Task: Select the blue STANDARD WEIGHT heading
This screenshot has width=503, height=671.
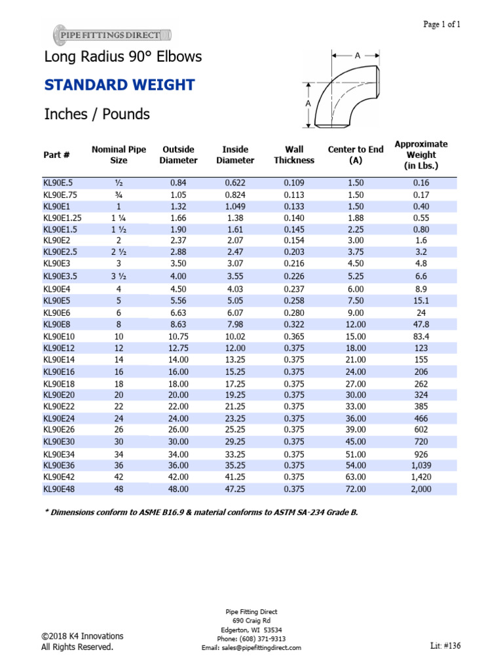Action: pos(119,85)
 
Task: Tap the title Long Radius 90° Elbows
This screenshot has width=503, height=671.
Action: pos(122,57)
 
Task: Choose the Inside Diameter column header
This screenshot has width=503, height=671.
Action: pos(235,155)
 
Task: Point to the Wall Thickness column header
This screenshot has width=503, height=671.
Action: pos(294,155)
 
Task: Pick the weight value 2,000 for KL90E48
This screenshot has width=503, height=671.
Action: pos(420,489)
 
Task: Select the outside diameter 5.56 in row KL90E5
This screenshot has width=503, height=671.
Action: pos(179,301)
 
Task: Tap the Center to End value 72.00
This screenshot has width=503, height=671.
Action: pos(356,489)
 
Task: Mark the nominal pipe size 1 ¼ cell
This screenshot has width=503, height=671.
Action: pos(119,218)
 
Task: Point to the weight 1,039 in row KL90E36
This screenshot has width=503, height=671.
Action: pos(420,465)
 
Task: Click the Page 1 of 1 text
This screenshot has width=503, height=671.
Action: pos(442,24)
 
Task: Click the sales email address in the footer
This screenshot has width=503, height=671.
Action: pos(251,647)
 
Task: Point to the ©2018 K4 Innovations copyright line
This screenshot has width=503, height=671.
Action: pos(82,636)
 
